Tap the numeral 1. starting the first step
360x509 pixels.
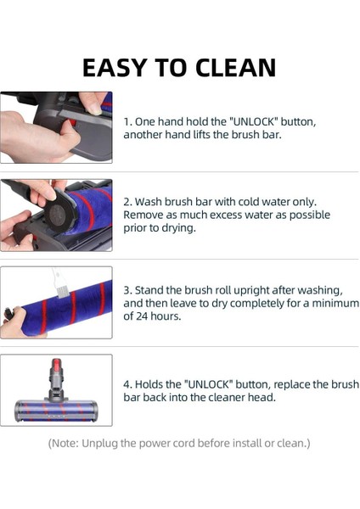(x=128, y=121)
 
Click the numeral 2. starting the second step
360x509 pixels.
(x=129, y=202)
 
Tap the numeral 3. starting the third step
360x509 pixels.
(x=129, y=290)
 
